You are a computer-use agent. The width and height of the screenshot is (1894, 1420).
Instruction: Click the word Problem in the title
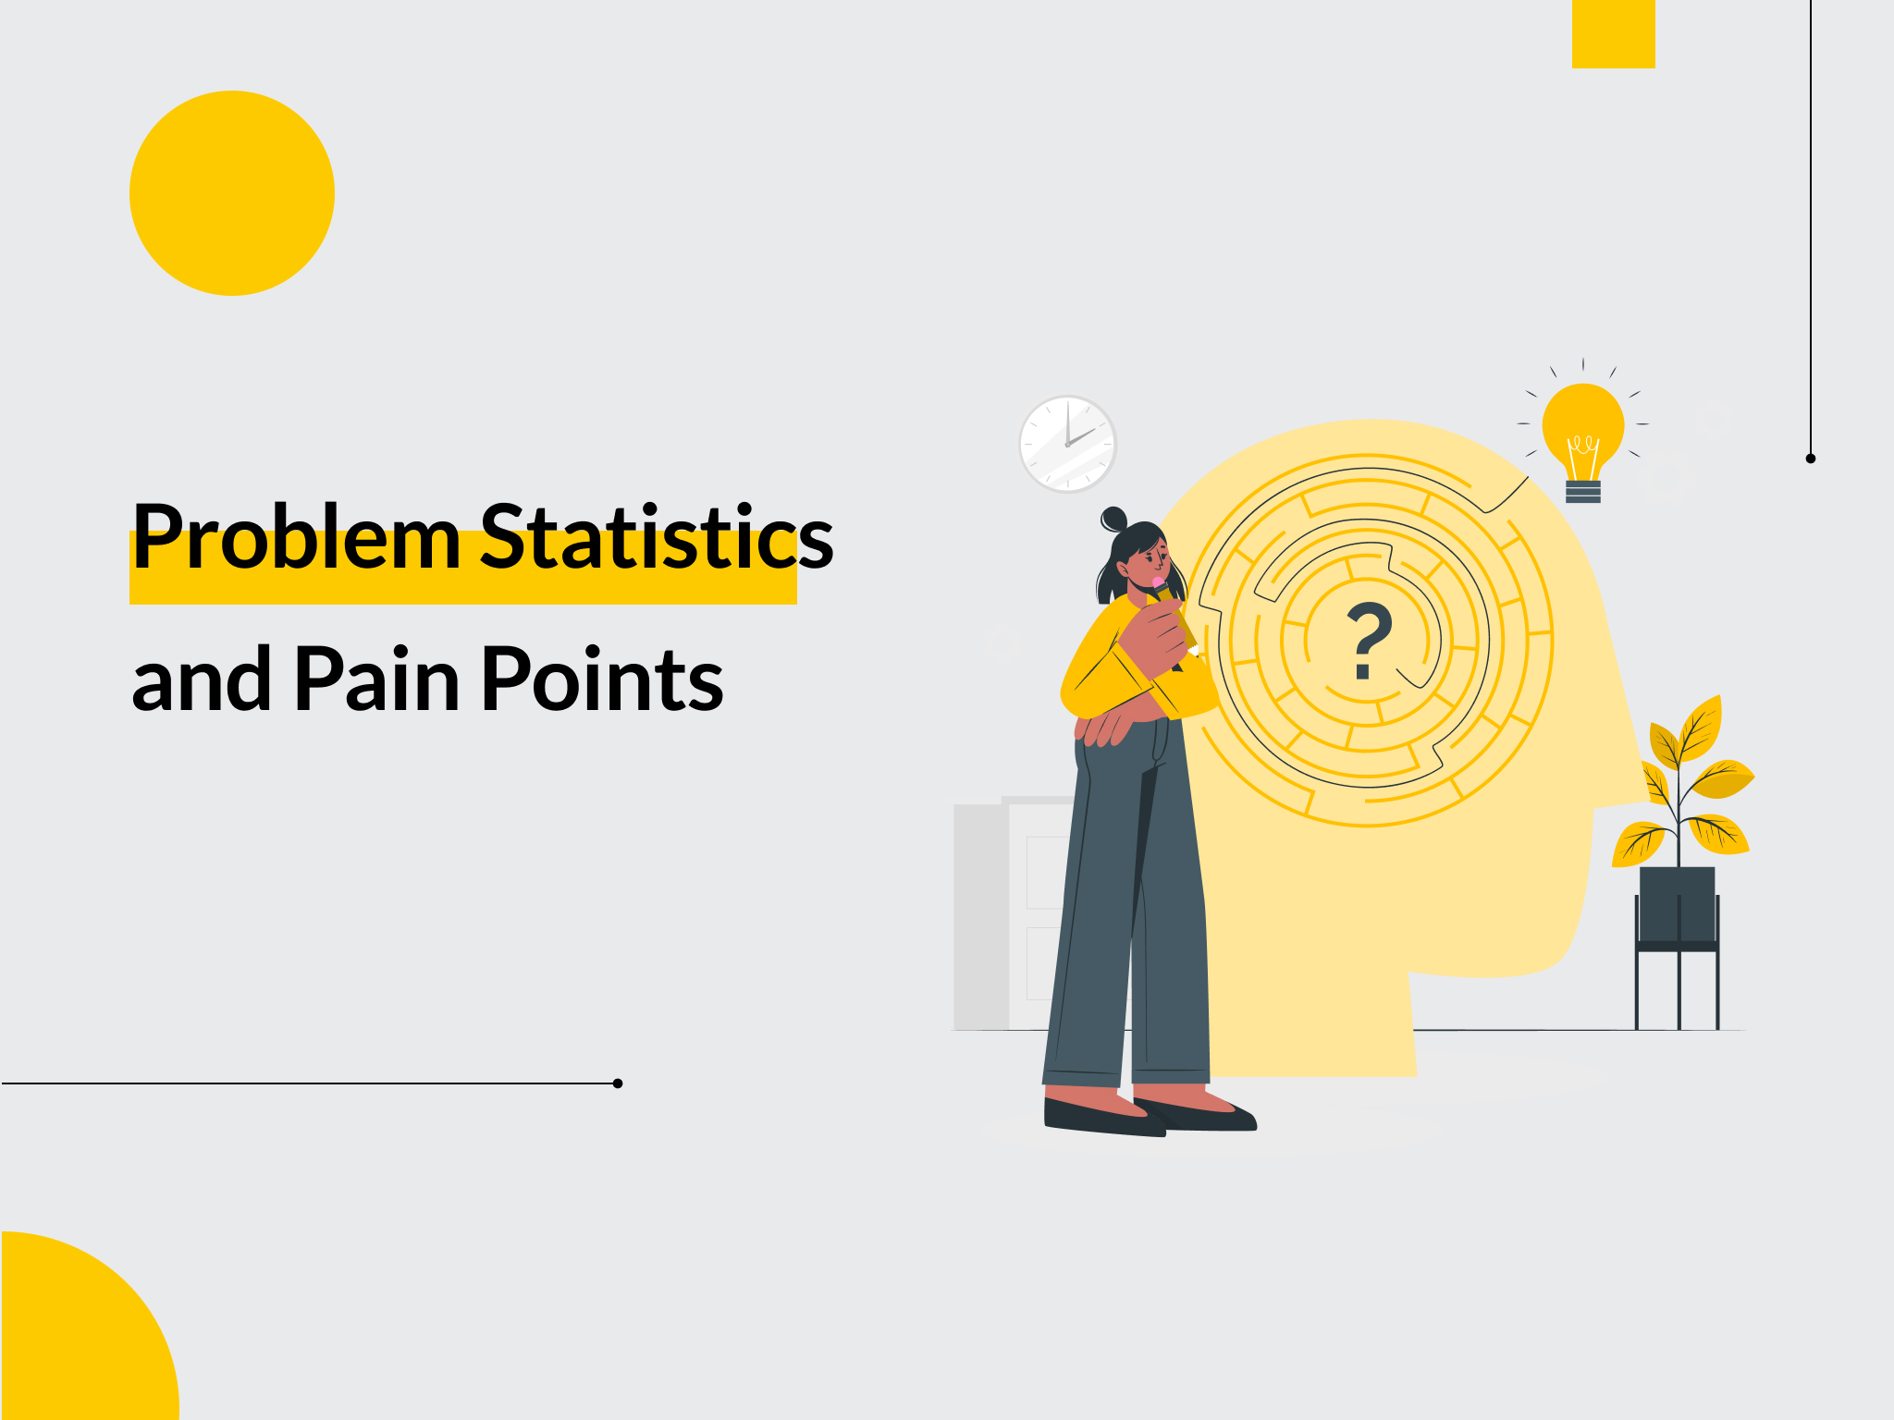point(297,536)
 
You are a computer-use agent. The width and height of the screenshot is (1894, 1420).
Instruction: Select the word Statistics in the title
point(658,536)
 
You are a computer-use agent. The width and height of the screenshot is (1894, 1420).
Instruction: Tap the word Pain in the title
point(376,678)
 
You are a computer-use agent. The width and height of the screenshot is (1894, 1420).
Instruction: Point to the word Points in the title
point(602,678)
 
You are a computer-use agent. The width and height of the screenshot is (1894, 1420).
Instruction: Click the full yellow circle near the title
point(232,193)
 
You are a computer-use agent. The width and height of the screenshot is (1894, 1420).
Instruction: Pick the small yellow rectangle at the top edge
point(1614,34)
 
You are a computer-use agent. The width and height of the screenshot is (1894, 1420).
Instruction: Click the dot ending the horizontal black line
point(618,1083)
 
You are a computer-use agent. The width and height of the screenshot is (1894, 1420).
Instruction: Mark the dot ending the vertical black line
point(1811,459)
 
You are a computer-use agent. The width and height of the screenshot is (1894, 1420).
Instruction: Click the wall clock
point(1068,444)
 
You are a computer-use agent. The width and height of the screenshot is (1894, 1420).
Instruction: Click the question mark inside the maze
point(1368,641)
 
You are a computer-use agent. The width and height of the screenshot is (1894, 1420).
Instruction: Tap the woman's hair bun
point(1113,519)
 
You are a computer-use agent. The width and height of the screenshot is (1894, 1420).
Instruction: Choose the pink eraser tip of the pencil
point(1158,583)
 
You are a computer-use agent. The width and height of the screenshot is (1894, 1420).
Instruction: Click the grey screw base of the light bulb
point(1583,491)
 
